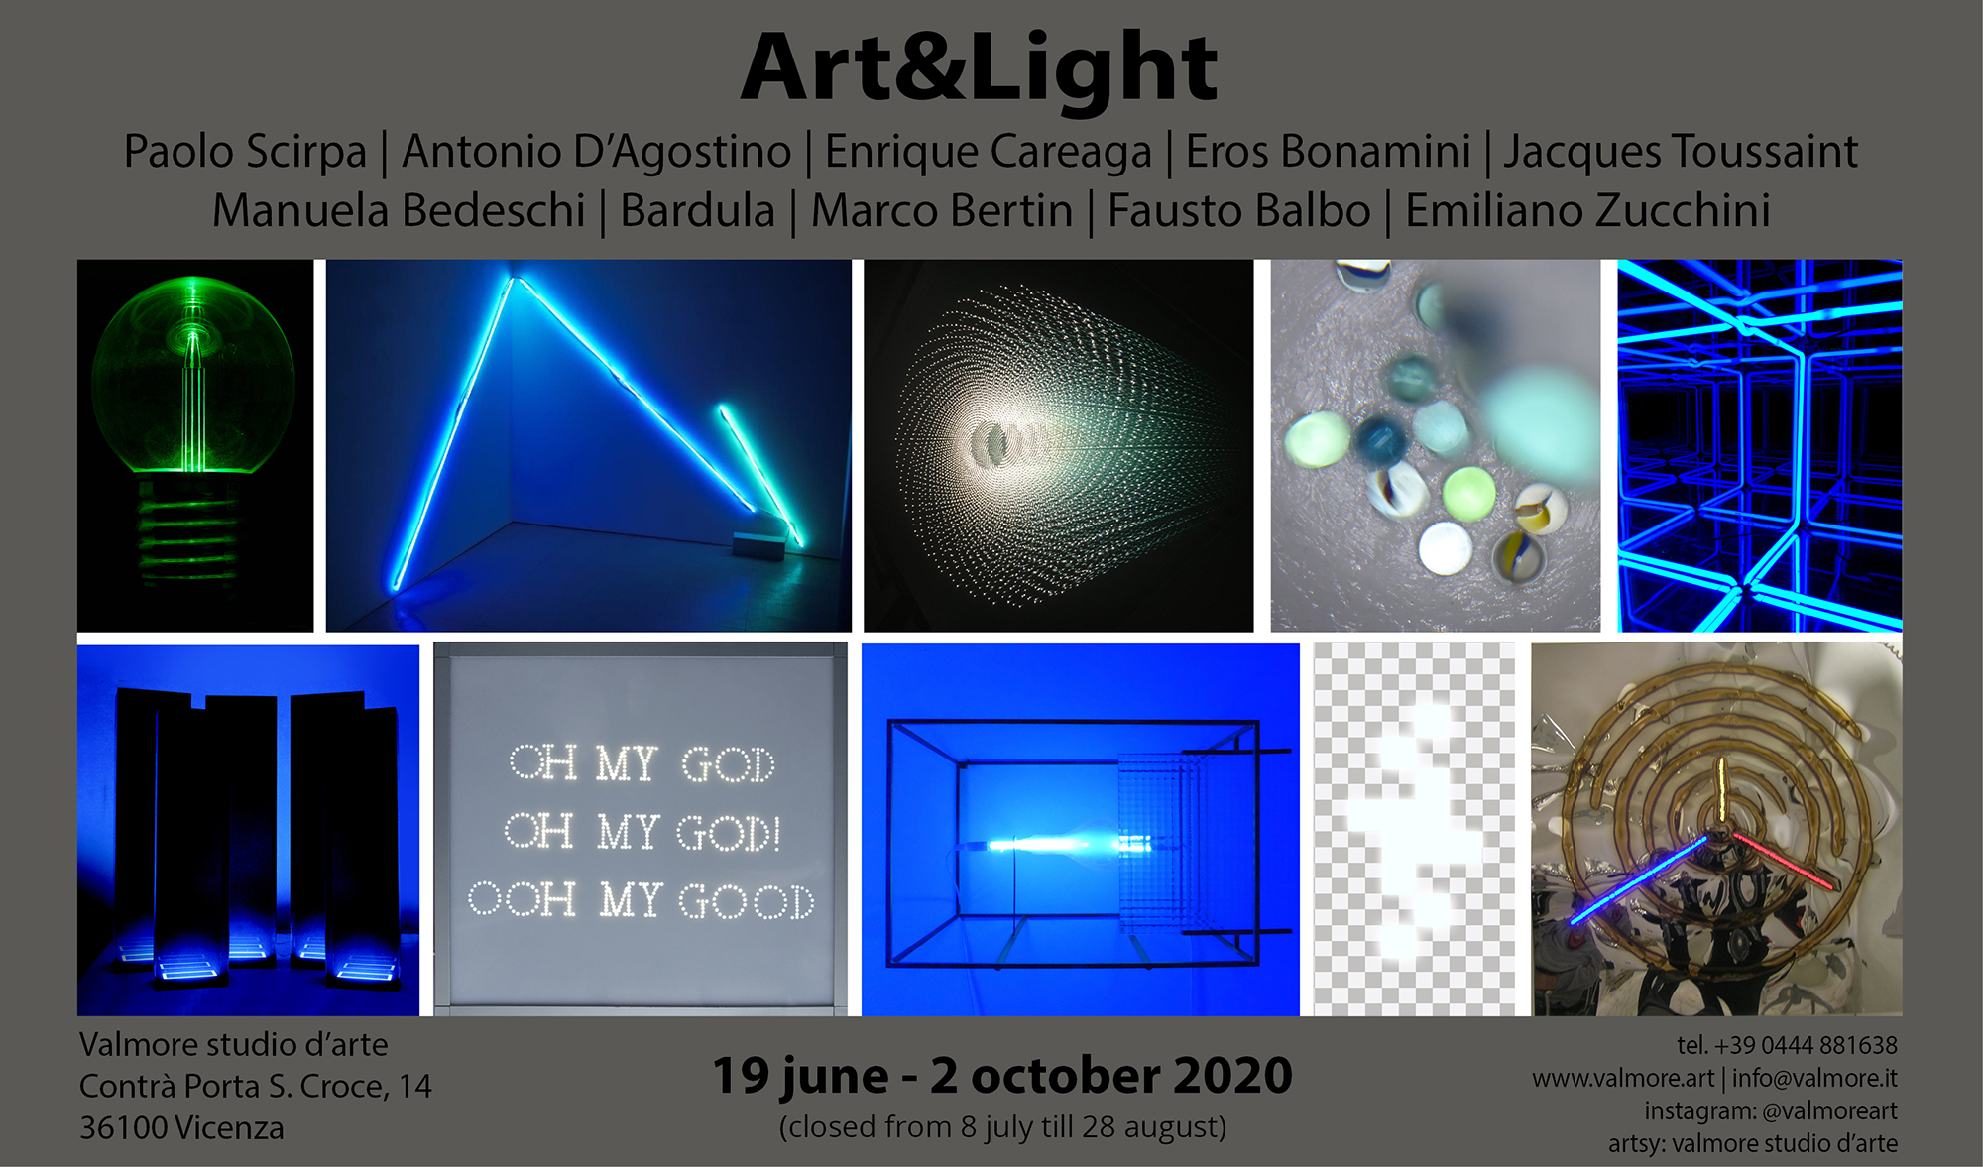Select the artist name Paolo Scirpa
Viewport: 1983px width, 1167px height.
[245, 152]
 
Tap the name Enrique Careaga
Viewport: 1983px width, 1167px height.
[989, 152]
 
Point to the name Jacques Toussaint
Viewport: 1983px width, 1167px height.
[1681, 152]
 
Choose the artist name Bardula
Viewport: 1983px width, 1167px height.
[697, 210]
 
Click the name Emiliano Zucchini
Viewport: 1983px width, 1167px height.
[1587, 210]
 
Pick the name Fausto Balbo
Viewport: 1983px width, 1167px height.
[1238, 210]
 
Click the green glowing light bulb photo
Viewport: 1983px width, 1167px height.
[195, 445]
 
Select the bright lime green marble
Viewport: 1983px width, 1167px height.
[1468, 493]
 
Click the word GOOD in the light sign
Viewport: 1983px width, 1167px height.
[747, 901]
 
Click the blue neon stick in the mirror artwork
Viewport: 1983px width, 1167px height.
[1637, 881]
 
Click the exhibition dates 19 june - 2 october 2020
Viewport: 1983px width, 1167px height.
[1002, 1076]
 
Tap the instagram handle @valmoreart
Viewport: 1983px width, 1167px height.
[1830, 1110]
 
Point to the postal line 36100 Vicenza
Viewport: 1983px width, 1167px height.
[181, 1128]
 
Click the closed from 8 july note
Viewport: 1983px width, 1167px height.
[1002, 1127]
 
